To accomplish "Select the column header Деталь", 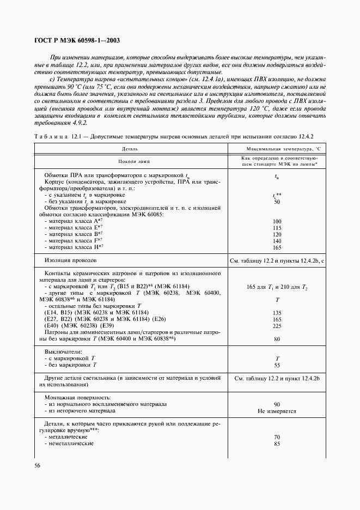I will pyautogui.click(x=130, y=148).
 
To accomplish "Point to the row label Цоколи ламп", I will pyautogui.click(x=130, y=161).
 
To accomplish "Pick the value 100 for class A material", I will pyautogui.click(x=277, y=221).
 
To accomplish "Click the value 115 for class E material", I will pyautogui.click(x=277, y=228).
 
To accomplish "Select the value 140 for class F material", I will pyautogui.click(x=277, y=240).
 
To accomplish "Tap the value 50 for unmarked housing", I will pyautogui.click(x=277, y=202).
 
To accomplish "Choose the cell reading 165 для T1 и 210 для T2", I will pyautogui.click(x=277, y=287).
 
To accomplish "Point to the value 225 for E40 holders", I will pyautogui.click(x=277, y=326).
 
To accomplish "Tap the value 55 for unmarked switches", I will pyautogui.click(x=277, y=365).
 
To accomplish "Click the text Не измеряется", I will pyautogui.click(x=277, y=411).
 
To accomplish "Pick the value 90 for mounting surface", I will pyautogui.click(x=277, y=404).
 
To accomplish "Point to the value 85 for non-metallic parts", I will pyautogui.click(x=277, y=444).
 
